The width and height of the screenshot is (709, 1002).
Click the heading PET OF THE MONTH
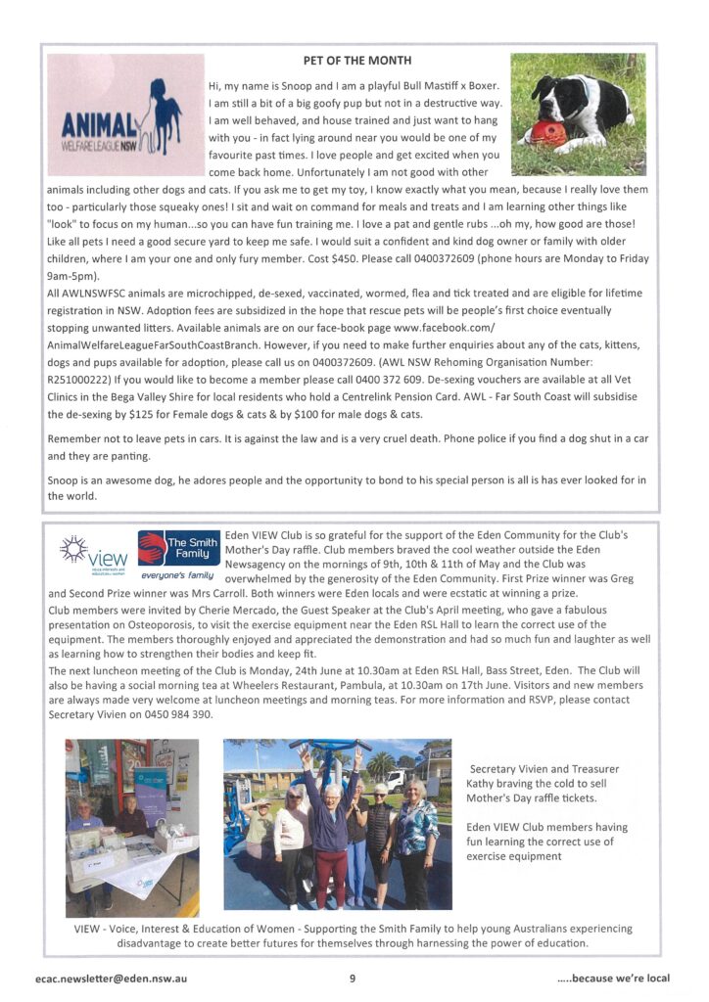click(x=356, y=61)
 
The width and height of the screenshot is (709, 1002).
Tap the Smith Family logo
click(x=178, y=552)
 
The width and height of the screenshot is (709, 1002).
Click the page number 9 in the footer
click(x=353, y=977)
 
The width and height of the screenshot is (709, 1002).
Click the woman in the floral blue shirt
click(x=415, y=832)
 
